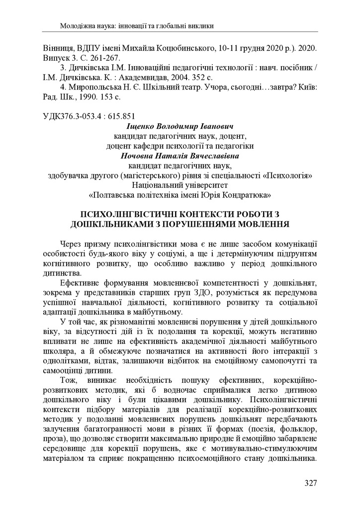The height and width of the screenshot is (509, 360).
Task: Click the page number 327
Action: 310,483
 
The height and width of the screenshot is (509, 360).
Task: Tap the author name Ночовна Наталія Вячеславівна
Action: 180,155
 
